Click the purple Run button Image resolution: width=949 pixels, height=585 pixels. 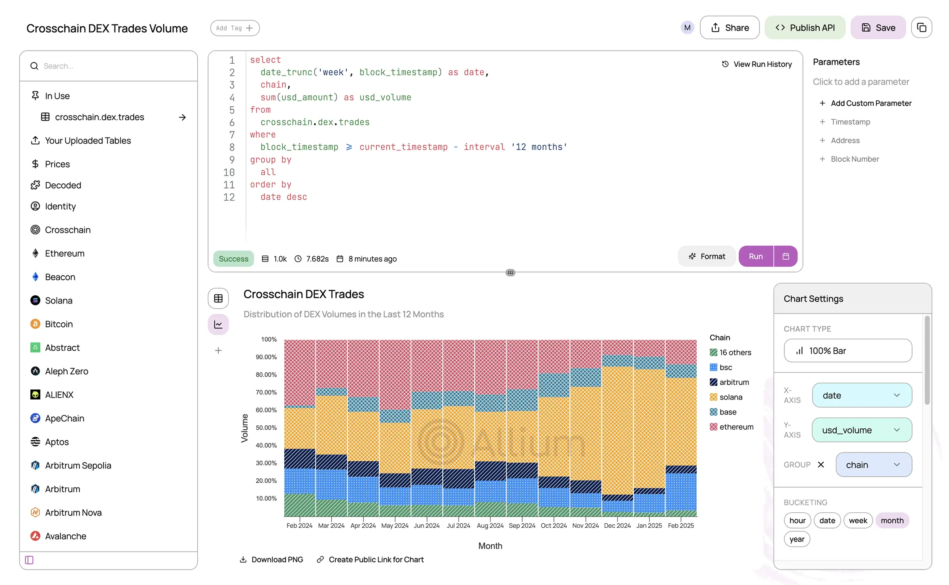point(755,256)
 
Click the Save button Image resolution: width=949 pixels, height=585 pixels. point(878,28)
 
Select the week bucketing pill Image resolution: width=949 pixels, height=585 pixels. point(858,520)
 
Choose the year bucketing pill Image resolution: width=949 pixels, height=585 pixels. point(796,539)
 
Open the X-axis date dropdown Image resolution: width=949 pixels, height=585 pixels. point(862,395)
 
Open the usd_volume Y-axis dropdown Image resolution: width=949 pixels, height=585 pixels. point(862,430)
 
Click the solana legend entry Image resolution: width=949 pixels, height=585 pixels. point(730,397)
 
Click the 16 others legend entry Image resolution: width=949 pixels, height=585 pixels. point(734,352)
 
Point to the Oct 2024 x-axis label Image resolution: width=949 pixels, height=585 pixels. point(554,525)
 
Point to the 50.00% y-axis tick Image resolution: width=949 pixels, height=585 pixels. point(266,427)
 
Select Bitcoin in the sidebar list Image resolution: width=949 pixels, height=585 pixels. point(59,324)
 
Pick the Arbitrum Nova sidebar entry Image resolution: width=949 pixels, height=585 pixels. point(73,512)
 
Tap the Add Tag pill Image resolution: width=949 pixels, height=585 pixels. point(234,28)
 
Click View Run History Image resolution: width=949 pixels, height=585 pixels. point(757,64)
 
